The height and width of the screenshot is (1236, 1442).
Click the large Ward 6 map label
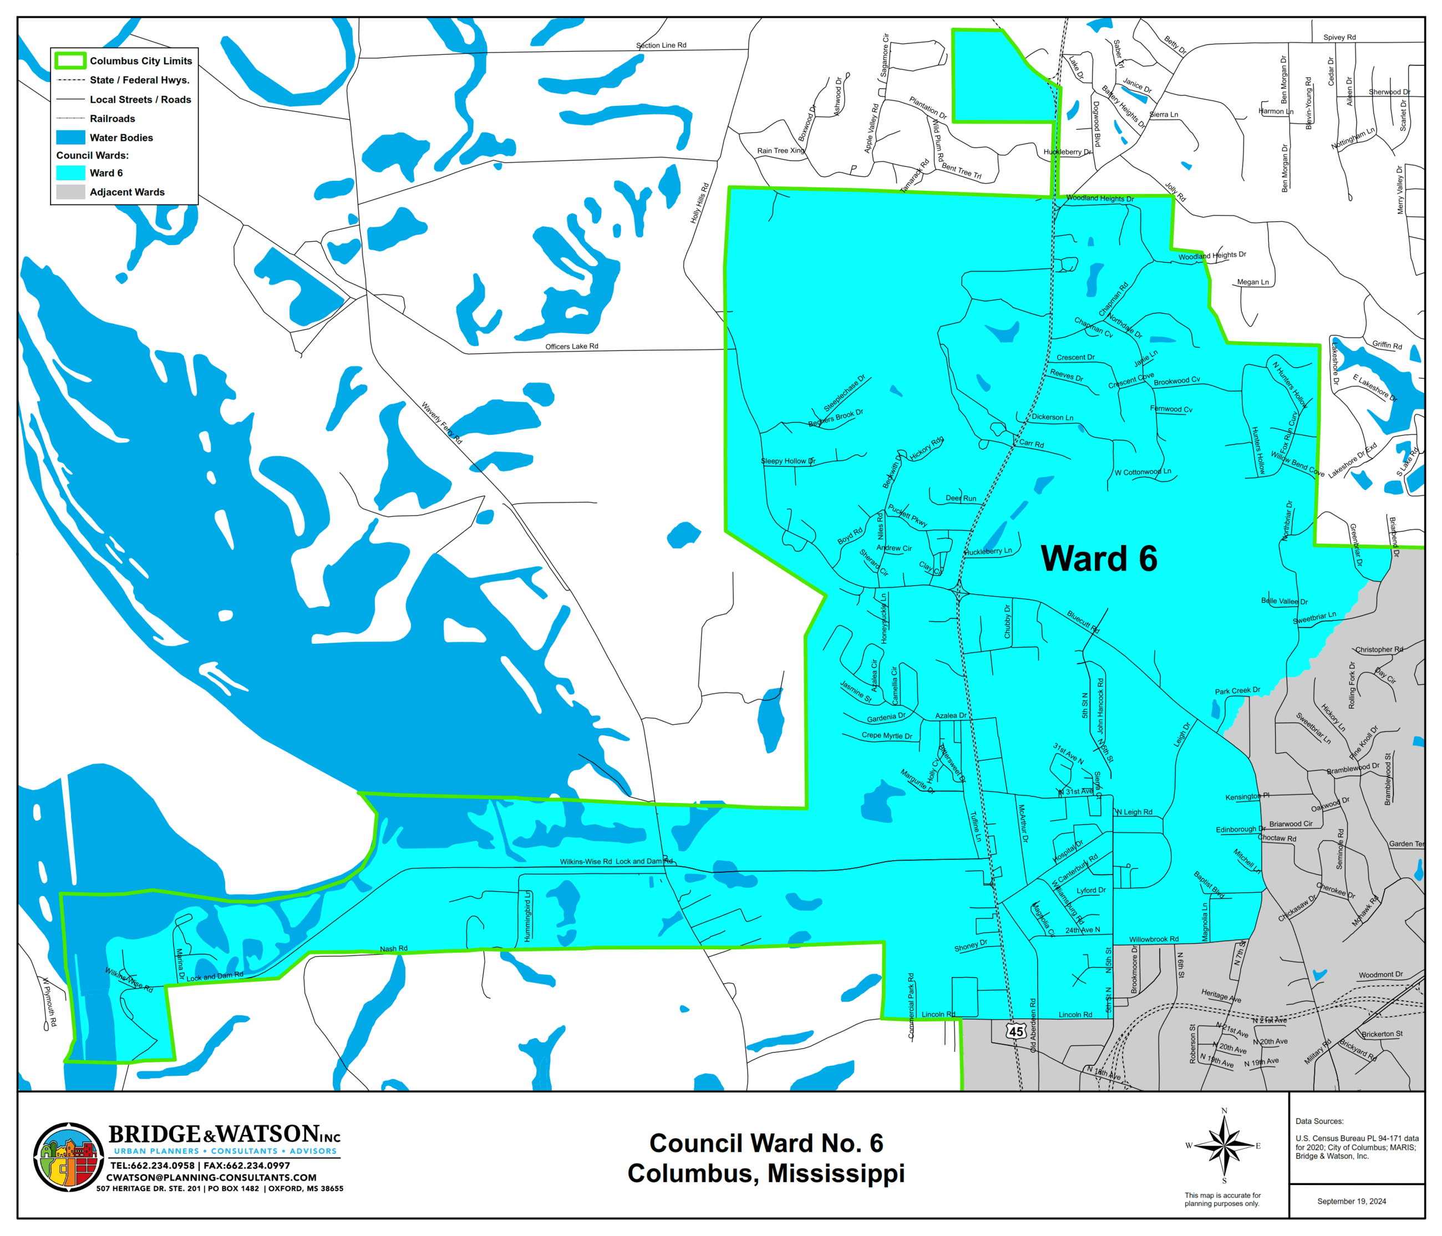point(1098,559)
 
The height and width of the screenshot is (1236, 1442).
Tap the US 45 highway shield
point(1016,1031)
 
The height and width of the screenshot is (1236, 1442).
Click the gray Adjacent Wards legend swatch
point(70,192)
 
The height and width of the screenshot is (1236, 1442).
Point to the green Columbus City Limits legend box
point(70,60)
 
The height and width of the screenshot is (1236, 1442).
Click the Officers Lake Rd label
point(571,347)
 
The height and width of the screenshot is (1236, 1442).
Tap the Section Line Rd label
point(661,45)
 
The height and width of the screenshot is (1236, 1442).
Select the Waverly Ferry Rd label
point(441,423)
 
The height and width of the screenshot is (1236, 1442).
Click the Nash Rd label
point(393,949)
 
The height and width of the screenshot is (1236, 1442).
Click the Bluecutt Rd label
point(1083,622)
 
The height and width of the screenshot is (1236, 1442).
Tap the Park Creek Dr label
point(1237,691)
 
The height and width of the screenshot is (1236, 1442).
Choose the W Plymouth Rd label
point(49,1002)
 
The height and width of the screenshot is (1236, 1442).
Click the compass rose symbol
point(1224,1145)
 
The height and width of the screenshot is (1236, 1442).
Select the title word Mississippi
point(836,1173)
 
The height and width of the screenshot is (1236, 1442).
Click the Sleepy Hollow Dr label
point(788,461)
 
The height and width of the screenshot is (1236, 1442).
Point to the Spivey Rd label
point(1339,38)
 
